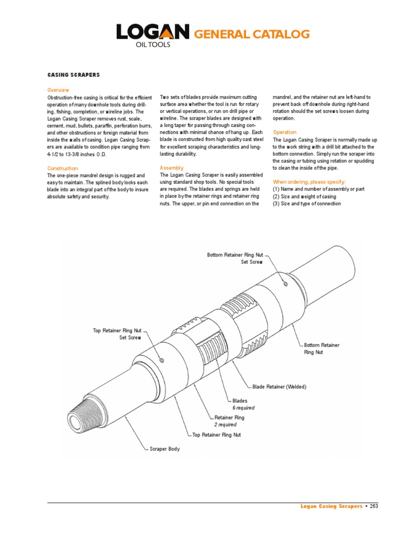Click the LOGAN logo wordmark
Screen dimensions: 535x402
coord(152,33)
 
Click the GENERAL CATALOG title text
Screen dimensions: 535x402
coord(252,34)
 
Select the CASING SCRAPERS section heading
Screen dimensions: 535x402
coord(73,75)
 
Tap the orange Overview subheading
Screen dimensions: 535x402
coord(58,90)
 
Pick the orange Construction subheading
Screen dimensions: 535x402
coord(63,168)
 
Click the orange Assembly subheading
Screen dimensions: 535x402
coord(172,167)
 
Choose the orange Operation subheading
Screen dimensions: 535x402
coord(285,132)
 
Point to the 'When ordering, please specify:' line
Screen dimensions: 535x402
coord(309,181)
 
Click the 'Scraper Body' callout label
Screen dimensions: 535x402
coord(164,449)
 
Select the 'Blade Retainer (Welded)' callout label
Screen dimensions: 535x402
coord(279,387)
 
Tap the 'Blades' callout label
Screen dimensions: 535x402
coord(236,401)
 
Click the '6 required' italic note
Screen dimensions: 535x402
coord(243,408)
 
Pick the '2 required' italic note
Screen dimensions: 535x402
coord(225,425)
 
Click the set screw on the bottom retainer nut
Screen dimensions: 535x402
coord(285,284)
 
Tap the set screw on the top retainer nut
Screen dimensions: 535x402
coord(162,360)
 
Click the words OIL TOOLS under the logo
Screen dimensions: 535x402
coord(153,45)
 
